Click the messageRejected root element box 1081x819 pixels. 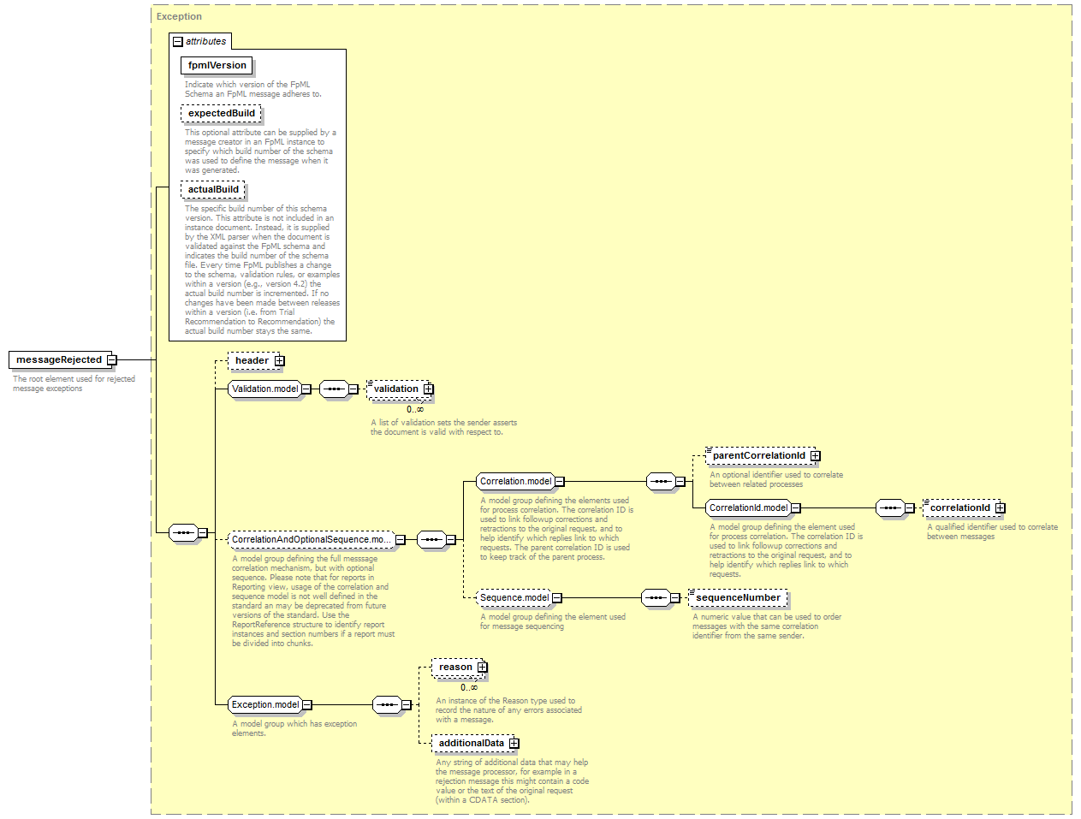(x=60, y=359)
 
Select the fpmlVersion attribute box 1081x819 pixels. (x=217, y=65)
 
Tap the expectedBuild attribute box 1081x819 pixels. (x=221, y=113)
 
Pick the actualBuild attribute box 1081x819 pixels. (x=213, y=189)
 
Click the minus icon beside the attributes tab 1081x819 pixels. (x=178, y=42)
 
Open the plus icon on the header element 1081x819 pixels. (x=280, y=361)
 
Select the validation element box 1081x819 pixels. (x=399, y=389)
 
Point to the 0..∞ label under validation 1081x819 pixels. (x=414, y=409)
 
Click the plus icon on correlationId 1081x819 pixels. (x=1001, y=508)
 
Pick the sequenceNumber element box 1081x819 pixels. (x=738, y=597)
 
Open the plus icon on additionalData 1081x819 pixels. (x=514, y=743)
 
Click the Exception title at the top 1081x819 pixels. (x=179, y=16)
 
